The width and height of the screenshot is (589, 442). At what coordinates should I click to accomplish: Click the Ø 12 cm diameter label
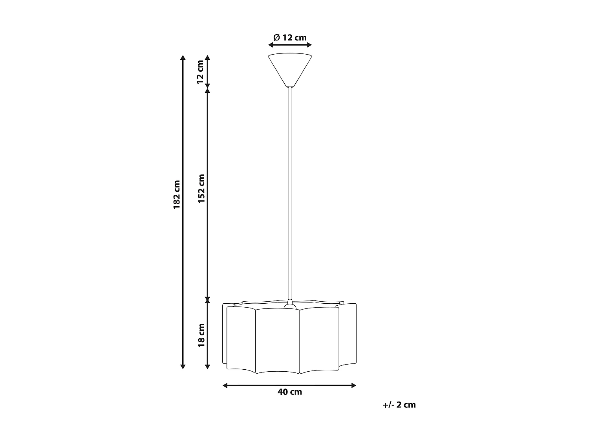290,38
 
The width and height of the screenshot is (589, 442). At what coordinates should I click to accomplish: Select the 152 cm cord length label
201,189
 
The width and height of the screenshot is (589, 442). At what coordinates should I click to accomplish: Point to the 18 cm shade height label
201,335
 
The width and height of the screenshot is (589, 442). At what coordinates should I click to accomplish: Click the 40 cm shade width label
290,392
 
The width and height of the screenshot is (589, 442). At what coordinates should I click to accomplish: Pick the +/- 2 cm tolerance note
399,405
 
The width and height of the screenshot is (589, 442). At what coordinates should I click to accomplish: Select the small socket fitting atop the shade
290,304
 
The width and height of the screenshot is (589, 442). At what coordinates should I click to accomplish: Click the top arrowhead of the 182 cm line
183,57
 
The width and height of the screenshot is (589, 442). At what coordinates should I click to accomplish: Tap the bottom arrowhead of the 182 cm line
183,367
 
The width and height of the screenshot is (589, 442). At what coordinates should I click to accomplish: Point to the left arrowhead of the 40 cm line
225,385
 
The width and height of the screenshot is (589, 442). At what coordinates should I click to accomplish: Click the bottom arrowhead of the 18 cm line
208,367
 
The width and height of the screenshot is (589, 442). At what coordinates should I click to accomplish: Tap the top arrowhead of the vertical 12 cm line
208,57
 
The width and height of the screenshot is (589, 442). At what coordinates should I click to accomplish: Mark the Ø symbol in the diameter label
276,38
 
